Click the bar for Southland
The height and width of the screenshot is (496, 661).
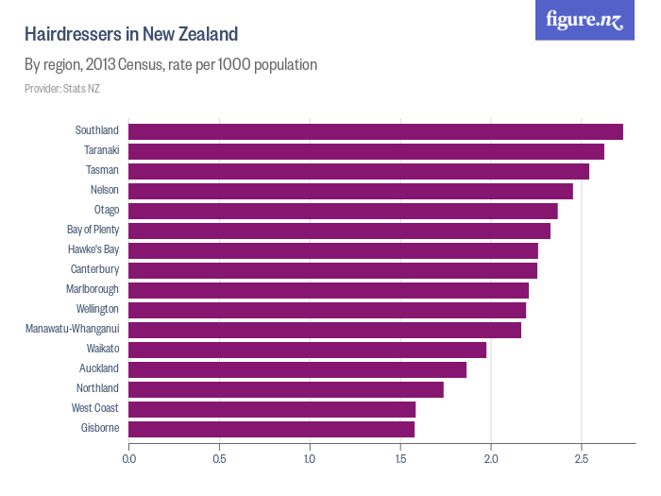(x=375, y=131)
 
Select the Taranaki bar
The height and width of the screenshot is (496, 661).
(x=365, y=151)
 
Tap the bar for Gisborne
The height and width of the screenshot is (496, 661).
(x=271, y=429)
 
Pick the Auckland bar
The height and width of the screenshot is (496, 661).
(x=297, y=369)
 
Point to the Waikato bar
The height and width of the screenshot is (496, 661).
(x=307, y=350)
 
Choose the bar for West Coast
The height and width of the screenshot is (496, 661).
(x=272, y=409)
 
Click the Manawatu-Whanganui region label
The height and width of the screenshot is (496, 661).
(x=72, y=330)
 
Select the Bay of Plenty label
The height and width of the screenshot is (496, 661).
(x=93, y=231)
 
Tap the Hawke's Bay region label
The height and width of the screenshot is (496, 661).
(x=93, y=250)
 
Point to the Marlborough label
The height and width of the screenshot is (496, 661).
(x=93, y=290)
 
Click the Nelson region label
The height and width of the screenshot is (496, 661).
(x=104, y=191)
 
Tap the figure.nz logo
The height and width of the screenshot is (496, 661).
(x=585, y=20)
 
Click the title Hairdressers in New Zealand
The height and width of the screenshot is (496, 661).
(x=130, y=35)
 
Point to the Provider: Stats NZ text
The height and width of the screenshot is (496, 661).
(x=62, y=89)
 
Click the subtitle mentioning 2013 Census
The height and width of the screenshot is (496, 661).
(x=170, y=65)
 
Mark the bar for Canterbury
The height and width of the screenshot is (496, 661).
(x=332, y=270)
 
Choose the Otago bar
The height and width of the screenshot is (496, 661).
(x=343, y=211)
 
